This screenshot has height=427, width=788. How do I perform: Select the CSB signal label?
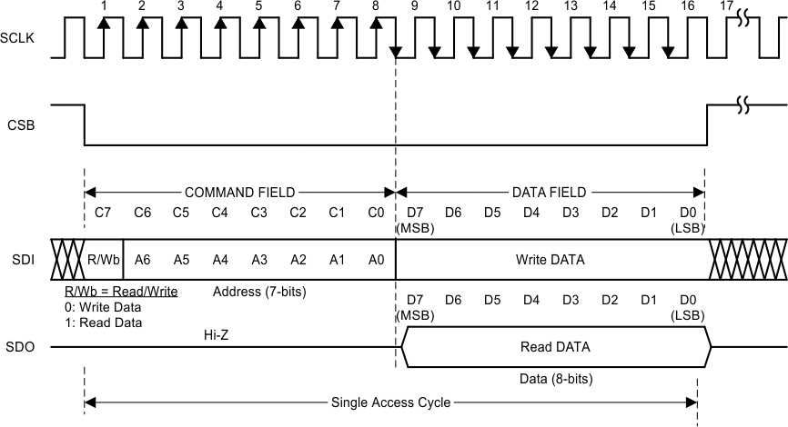tap(20, 124)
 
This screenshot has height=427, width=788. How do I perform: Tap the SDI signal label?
tap(20, 260)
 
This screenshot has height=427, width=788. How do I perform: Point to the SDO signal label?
tap(20, 347)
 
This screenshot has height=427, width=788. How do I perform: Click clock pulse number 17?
tap(725, 6)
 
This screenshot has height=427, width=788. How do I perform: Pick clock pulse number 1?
tap(105, 6)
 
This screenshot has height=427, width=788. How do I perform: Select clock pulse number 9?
tap(415, 6)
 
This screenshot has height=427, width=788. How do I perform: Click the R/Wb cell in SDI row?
tap(103, 260)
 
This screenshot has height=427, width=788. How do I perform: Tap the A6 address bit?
tap(142, 260)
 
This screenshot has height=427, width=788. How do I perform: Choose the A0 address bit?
tap(376, 260)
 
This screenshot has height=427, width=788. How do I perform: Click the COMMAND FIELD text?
tap(239, 193)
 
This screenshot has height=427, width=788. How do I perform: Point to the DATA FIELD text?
tap(549, 193)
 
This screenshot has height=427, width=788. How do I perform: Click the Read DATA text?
tap(555, 347)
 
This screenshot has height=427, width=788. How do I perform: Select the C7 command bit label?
tap(103, 213)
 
